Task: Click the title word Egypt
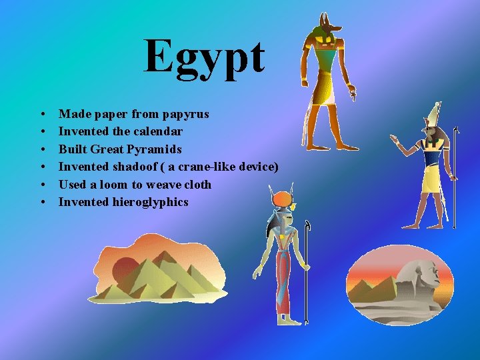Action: [x=205, y=57]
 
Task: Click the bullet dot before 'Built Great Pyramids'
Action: [x=42, y=149]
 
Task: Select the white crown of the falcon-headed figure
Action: [x=434, y=113]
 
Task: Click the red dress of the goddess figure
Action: [x=283, y=273]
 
